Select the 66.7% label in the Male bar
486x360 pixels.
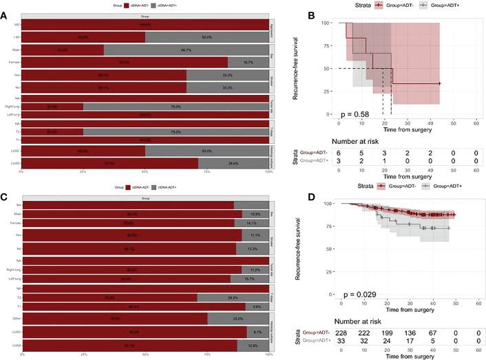186,50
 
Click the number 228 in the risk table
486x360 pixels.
341,331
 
